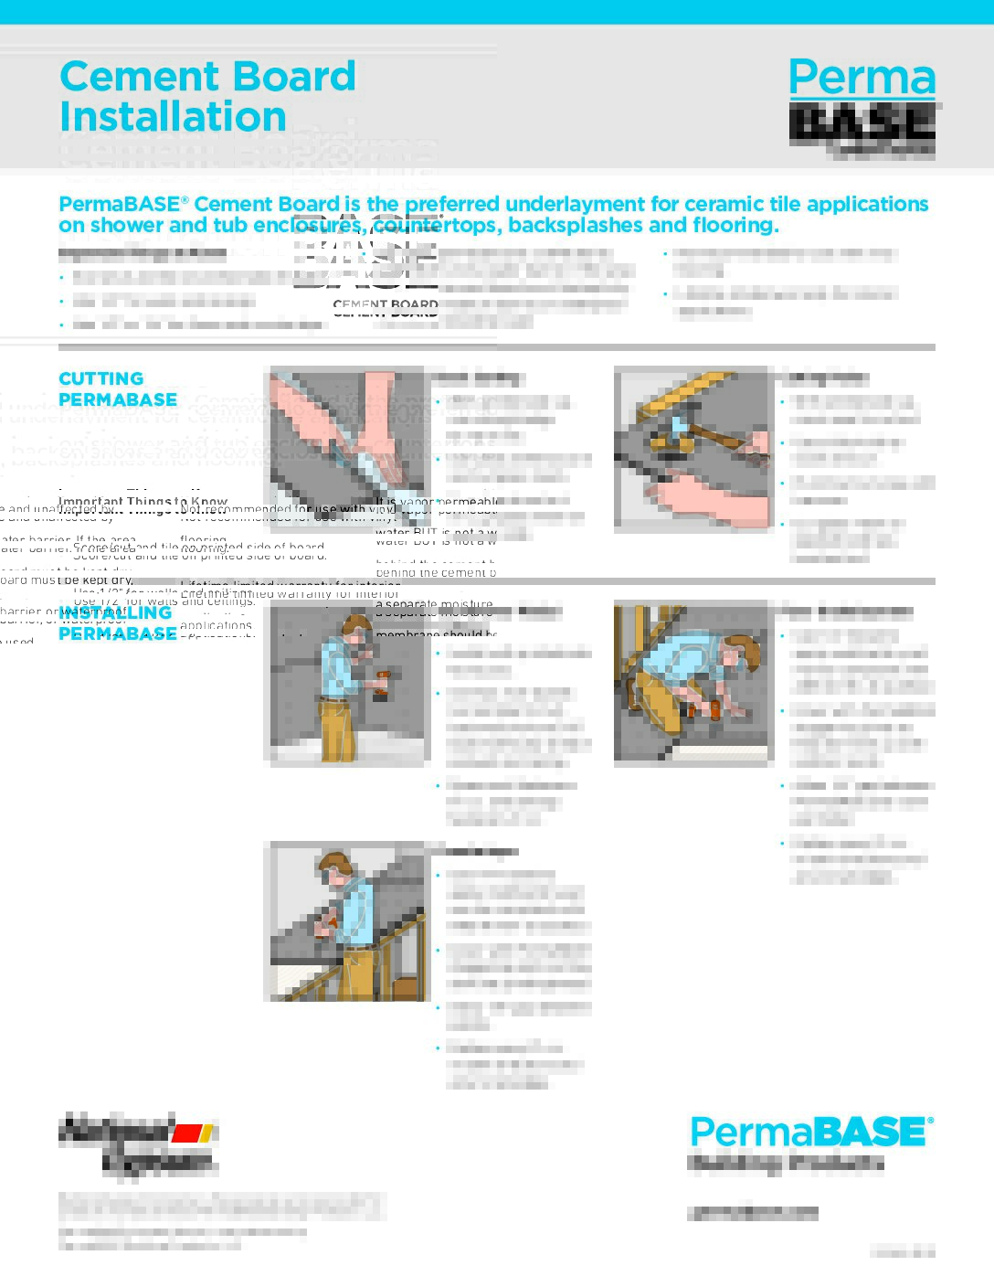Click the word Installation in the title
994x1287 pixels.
pyautogui.click(x=173, y=117)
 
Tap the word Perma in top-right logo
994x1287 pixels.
pyautogui.click(x=862, y=79)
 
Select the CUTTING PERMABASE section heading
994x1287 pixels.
pyautogui.click(x=117, y=389)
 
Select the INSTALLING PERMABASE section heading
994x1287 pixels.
pyautogui.click(x=117, y=623)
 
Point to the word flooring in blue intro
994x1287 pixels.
pyautogui.click(x=735, y=226)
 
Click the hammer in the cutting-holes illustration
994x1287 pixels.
pyautogui.click(x=676, y=430)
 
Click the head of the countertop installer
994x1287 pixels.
pyautogui.click(x=335, y=868)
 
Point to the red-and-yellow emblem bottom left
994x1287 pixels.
pyautogui.click(x=193, y=1133)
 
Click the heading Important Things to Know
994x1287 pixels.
pyautogui.click(x=143, y=501)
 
